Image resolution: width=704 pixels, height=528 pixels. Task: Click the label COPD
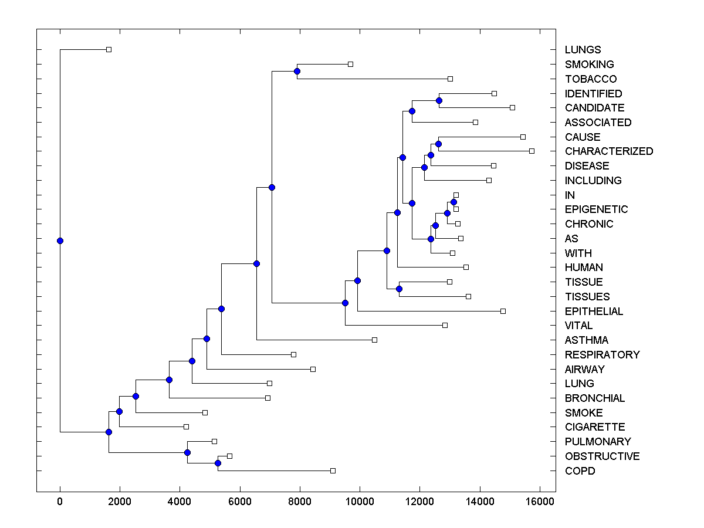pyautogui.click(x=580, y=471)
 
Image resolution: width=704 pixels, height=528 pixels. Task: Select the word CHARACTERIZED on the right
pyautogui.click(x=608, y=151)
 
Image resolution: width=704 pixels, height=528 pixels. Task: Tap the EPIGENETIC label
pyautogui.click(x=596, y=209)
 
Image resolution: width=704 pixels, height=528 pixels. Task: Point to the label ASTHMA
pyautogui.click(x=586, y=340)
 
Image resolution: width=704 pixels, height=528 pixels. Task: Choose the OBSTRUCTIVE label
pyautogui.click(x=602, y=456)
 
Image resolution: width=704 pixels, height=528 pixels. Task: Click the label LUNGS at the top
pyautogui.click(x=583, y=50)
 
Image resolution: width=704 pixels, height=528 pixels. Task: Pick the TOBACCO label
pyautogui.click(x=590, y=79)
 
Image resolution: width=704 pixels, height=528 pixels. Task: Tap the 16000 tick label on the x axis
pyautogui.click(x=539, y=500)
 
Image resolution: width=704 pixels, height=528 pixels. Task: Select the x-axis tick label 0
pyautogui.click(x=60, y=500)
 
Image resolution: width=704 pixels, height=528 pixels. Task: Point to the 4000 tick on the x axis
pyautogui.click(x=180, y=500)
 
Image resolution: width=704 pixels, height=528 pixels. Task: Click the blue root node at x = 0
pyautogui.click(x=60, y=241)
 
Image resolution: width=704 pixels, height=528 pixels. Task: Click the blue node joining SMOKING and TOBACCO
pyautogui.click(x=297, y=72)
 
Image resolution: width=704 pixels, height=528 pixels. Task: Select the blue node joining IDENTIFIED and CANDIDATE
pyautogui.click(x=439, y=100)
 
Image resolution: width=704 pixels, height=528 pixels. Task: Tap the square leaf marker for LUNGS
pyautogui.click(x=109, y=50)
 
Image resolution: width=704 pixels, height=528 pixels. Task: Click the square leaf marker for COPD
pyautogui.click(x=333, y=471)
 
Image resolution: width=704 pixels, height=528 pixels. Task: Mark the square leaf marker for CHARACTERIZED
pyautogui.click(x=532, y=151)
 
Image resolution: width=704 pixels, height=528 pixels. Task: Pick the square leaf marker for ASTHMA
pyautogui.click(x=374, y=340)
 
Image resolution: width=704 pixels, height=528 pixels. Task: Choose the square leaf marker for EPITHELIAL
pyautogui.click(x=503, y=311)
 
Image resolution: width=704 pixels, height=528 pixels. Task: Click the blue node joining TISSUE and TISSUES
pyautogui.click(x=399, y=289)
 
